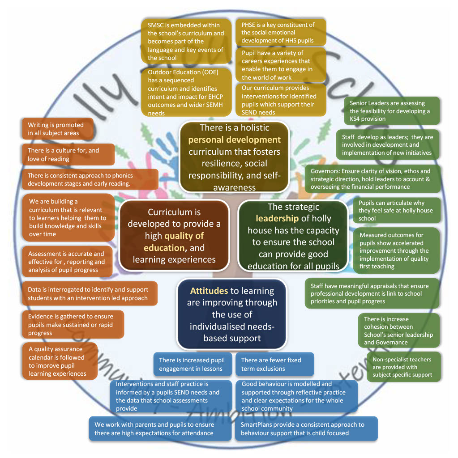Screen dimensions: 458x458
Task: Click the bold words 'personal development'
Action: point(235,140)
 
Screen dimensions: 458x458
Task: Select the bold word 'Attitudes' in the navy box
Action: point(209,291)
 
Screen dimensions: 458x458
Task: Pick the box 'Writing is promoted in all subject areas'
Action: point(58,129)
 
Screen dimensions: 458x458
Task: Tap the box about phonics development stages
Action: point(90,180)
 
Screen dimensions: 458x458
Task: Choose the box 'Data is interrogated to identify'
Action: point(90,293)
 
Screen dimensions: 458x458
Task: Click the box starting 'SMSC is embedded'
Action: point(186,41)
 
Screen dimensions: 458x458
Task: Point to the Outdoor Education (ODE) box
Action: point(186,92)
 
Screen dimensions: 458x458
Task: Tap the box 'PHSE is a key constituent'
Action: point(281,33)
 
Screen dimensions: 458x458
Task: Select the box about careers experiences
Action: point(281,65)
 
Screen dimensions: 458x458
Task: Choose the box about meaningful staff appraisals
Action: point(372,294)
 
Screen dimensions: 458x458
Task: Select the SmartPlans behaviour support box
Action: point(306,429)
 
